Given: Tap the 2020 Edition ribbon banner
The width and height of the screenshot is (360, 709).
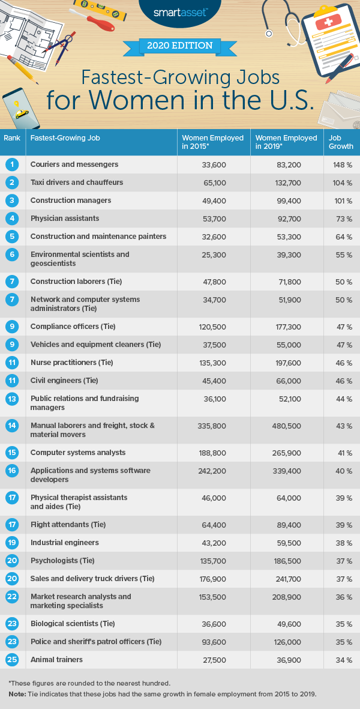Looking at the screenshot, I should (179, 46).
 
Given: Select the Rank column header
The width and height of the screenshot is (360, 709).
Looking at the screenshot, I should (12, 138).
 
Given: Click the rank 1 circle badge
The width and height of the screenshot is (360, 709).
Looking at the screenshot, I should (13, 164).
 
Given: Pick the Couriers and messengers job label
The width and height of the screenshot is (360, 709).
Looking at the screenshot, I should (74, 164).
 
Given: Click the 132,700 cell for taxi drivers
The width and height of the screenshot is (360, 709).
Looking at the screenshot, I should (287, 183).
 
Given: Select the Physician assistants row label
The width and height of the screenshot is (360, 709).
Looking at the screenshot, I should (65, 219).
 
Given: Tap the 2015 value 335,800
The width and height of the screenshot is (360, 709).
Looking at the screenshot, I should (213, 426).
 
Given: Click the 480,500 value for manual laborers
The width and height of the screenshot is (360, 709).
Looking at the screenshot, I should (287, 426).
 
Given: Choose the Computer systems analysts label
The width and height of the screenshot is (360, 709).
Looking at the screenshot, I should (74, 453).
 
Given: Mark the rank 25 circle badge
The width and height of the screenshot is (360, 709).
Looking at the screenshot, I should (13, 660).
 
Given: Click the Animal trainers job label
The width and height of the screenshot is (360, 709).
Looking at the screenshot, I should (56, 660).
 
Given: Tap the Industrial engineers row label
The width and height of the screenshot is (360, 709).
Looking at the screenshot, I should (65, 543).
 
